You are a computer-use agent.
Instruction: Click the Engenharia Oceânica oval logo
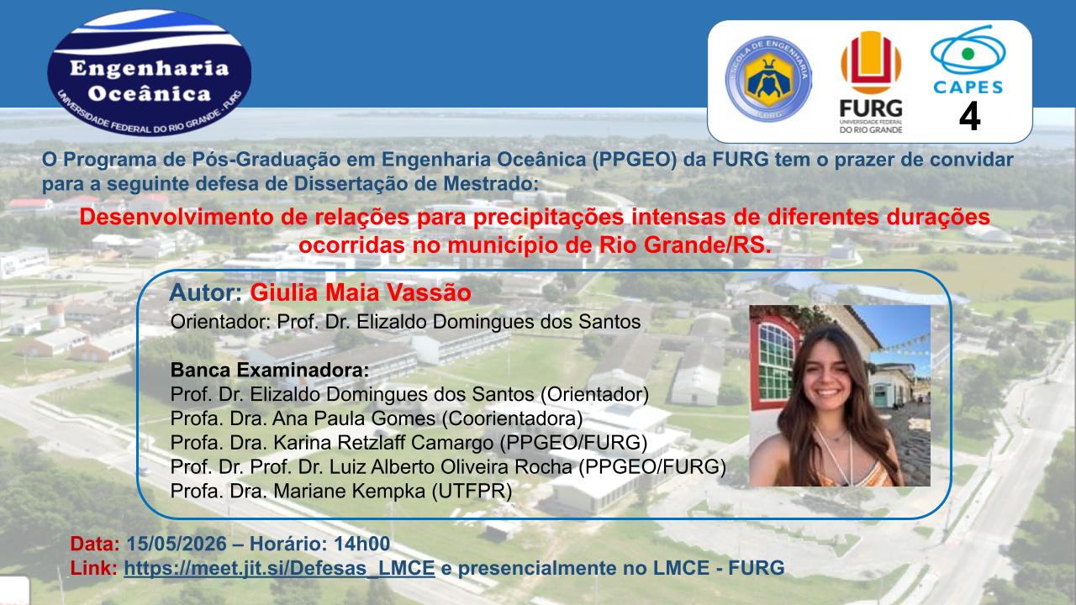point(150,73)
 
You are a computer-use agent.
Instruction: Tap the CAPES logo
point(968,60)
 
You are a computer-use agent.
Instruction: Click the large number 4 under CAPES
point(969,116)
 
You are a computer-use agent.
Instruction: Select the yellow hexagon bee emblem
point(767,78)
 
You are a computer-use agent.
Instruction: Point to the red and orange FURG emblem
point(871,62)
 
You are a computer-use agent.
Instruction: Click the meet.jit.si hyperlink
point(279,568)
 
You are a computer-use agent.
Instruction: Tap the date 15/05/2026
point(177,544)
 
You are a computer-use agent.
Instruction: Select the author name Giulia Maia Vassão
point(361,292)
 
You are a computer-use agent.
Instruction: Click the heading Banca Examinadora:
point(270,371)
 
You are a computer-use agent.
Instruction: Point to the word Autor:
point(206,292)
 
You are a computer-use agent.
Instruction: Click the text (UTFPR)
point(472,492)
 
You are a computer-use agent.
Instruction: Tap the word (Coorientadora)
point(512,418)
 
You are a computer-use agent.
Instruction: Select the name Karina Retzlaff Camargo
point(383,443)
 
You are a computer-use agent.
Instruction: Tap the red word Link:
point(93,568)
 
